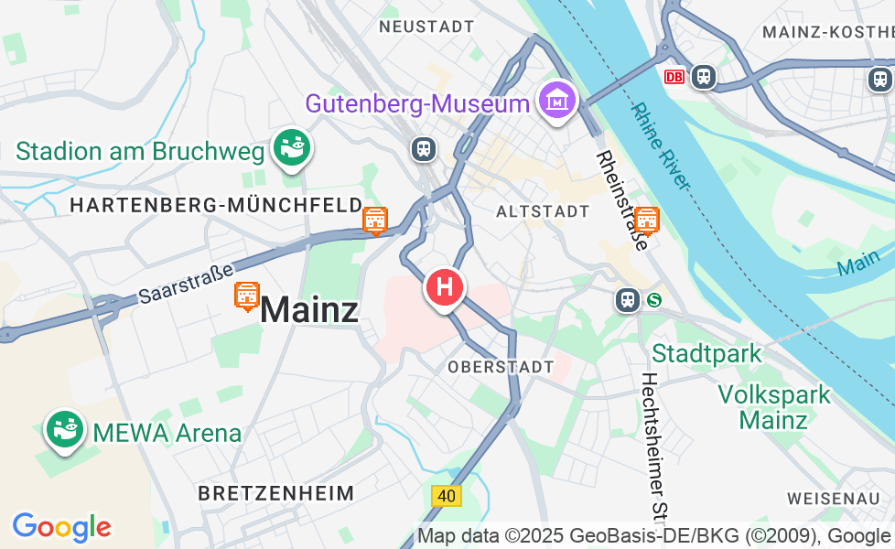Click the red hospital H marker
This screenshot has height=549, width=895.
pyautogui.click(x=445, y=287)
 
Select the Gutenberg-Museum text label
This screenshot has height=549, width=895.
pyautogui.click(x=417, y=103)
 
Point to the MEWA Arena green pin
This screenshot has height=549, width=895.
pyautogui.click(x=65, y=428)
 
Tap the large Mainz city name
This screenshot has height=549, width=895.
pyautogui.click(x=309, y=310)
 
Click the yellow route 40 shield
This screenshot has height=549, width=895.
pyautogui.click(x=447, y=496)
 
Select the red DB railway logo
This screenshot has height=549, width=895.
pyautogui.click(x=675, y=77)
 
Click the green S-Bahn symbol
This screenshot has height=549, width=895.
pyautogui.click(x=653, y=299)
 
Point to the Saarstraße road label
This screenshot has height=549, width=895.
pyautogui.click(x=186, y=280)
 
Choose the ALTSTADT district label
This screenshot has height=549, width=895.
pyautogui.click(x=543, y=211)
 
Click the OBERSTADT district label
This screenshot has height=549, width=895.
pyautogui.click(x=501, y=367)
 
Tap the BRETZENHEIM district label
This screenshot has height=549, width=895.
pyautogui.click(x=275, y=493)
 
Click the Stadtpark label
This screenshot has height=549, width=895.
pyautogui.click(x=706, y=352)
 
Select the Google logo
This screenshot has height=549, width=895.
pyautogui.click(x=61, y=527)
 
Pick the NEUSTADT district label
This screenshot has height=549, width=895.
pyautogui.click(x=426, y=27)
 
